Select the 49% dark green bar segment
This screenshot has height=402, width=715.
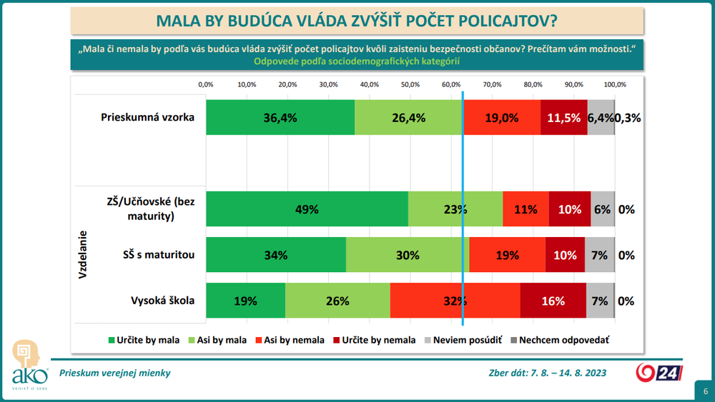pyautogui.click(x=307, y=210)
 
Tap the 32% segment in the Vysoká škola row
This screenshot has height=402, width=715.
pyautogui.click(x=455, y=301)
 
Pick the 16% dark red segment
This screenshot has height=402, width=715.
pyautogui.click(x=553, y=301)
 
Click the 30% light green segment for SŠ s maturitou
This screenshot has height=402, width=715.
pyautogui.click(x=408, y=255)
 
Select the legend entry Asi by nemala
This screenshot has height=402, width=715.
pyautogui.click(x=290, y=341)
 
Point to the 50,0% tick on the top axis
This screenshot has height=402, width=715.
pyautogui.click(x=410, y=84)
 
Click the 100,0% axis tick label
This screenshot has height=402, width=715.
pyautogui.click(x=615, y=84)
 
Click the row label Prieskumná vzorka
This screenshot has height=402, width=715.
pyautogui.click(x=148, y=116)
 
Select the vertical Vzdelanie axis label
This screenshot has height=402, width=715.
pyautogui.click(x=83, y=253)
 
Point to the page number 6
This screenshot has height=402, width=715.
pyautogui.click(x=705, y=391)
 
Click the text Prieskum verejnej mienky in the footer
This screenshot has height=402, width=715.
pyautogui.click(x=115, y=373)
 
